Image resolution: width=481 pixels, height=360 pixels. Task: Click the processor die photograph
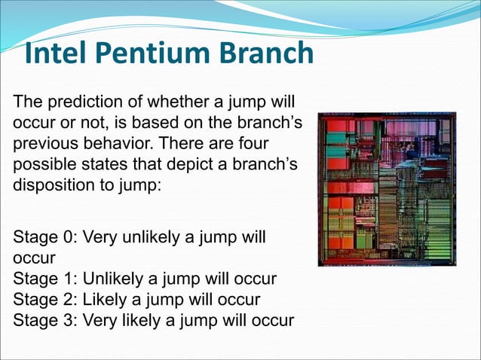click(x=387, y=189)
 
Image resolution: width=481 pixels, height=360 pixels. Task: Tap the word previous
click(x=40, y=142)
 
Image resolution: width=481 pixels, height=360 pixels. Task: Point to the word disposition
click(x=51, y=184)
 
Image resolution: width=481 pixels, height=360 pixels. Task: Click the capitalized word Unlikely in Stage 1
click(x=111, y=279)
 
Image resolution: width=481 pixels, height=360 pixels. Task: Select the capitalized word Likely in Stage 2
click(x=103, y=299)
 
